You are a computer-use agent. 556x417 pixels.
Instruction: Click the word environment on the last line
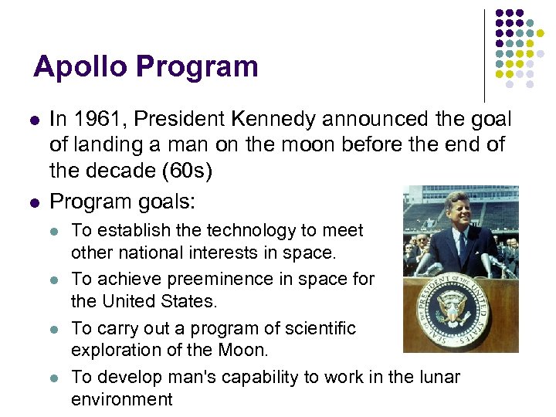(122, 398)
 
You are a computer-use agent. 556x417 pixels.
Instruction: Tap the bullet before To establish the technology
(53, 230)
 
